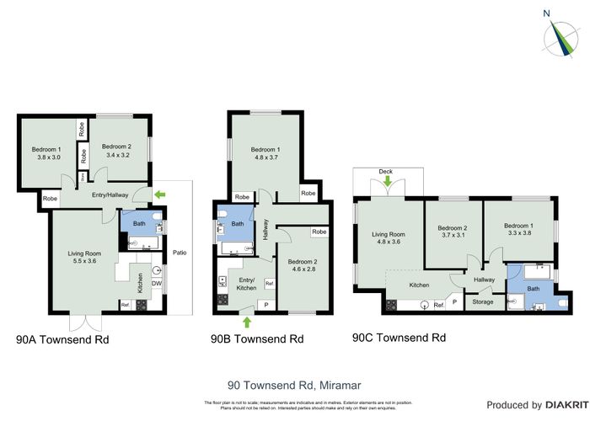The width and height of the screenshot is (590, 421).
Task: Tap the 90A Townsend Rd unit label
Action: (62, 341)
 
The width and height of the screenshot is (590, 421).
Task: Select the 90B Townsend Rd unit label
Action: (257, 340)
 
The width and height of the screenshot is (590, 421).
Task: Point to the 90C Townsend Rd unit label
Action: (399, 338)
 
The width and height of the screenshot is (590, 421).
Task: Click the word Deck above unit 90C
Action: (386, 170)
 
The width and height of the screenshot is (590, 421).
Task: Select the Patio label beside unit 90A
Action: (179, 251)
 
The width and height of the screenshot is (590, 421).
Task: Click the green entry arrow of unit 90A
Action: (160, 195)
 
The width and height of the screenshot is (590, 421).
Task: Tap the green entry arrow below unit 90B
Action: (246, 321)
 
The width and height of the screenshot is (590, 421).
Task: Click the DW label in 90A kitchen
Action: (156, 284)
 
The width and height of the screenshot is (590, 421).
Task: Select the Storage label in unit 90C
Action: (483, 301)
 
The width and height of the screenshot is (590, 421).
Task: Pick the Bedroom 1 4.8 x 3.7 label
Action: (265, 154)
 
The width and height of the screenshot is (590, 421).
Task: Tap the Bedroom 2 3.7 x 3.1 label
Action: (453, 232)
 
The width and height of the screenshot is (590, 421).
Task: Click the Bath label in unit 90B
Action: (238, 224)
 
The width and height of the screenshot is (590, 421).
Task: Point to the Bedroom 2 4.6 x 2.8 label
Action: (300, 266)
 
